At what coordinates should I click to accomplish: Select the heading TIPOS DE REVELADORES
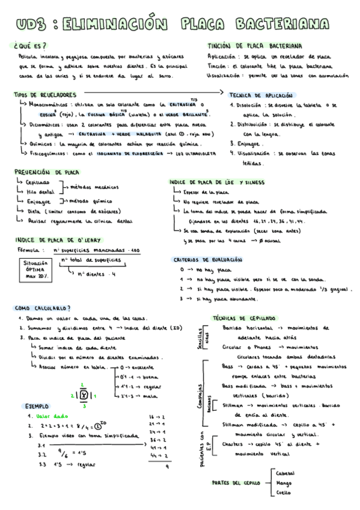click(x=45, y=94)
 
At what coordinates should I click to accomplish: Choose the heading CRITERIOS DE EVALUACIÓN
click(x=207, y=259)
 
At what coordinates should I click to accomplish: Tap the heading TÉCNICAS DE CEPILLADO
click(x=244, y=318)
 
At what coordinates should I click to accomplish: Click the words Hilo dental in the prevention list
click(x=40, y=191)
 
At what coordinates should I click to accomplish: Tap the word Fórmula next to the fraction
click(x=29, y=250)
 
